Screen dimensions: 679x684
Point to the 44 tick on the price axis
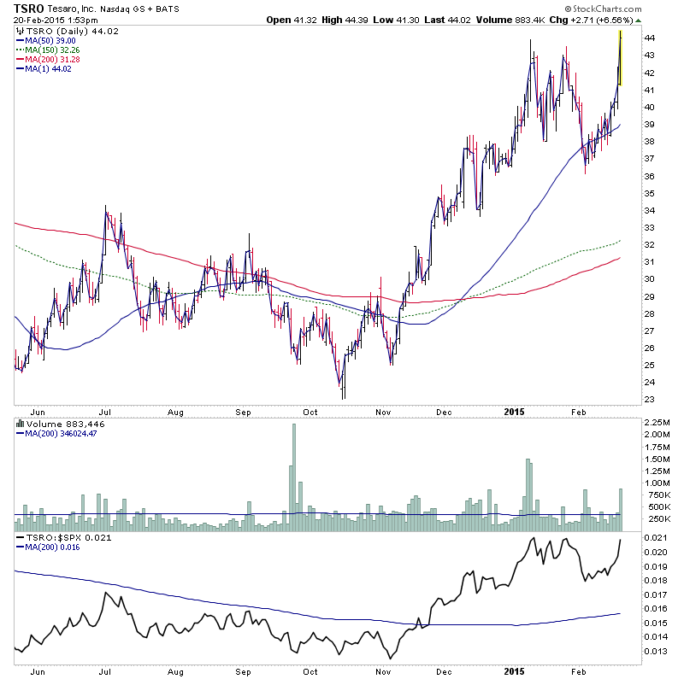(x=650, y=38)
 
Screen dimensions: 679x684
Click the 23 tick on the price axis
(x=650, y=400)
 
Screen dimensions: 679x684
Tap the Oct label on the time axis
(x=311, y=411)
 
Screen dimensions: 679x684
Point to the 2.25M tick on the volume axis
(x=657, y=422)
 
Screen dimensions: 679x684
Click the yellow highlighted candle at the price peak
(x=619, y=58)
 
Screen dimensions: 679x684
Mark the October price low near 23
(x=343, y=395)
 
